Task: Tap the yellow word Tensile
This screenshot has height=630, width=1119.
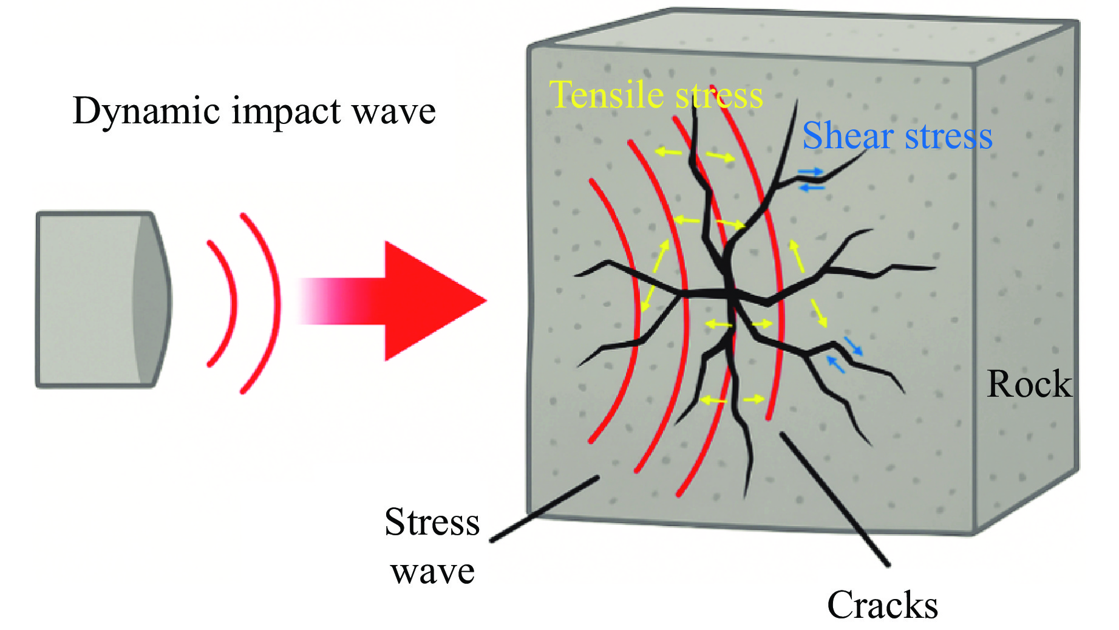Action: tap(607, 95)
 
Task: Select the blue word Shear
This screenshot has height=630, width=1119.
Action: tap(849, 135)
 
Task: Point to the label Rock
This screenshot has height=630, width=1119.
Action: tap(1029, 385)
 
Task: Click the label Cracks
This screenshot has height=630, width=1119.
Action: tap(882, 605)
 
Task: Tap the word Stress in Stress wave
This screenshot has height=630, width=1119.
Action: tap(432, 522)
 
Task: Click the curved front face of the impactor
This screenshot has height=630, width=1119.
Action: tap(152, 300)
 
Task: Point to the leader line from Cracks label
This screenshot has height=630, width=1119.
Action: tap(834, 498)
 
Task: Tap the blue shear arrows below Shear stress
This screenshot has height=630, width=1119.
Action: tap(811, 180)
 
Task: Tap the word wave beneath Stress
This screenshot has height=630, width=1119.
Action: tap(432, 571)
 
